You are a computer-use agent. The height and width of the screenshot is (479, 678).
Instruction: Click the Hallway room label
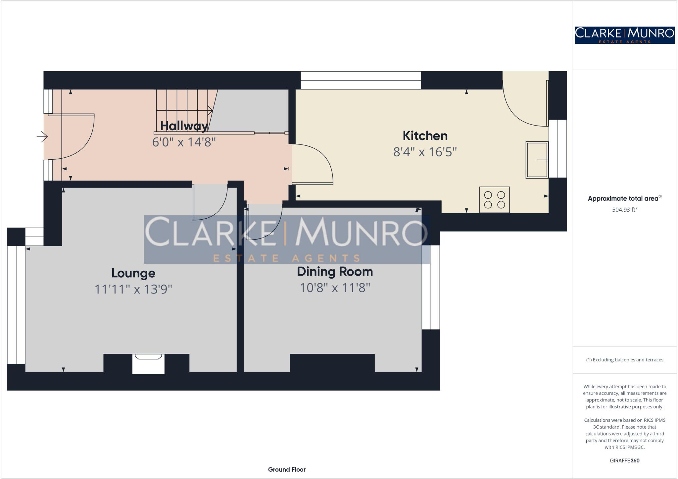184,126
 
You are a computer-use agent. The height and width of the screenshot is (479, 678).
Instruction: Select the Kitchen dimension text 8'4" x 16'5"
425,152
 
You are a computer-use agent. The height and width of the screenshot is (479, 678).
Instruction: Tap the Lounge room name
133,273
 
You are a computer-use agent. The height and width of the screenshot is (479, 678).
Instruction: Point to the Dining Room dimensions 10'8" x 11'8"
335,288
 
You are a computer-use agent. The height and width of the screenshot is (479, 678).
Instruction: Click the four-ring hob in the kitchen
494,200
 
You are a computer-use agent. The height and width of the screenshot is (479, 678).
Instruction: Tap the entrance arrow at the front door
42,136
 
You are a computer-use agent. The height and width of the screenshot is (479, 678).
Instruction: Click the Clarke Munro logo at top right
624,35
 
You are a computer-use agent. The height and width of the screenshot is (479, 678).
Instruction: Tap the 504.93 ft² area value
624,210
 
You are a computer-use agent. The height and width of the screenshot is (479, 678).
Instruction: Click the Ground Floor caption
287,469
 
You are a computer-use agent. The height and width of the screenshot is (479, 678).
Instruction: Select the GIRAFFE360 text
624,460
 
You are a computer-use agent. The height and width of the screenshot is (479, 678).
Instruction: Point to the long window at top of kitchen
361,80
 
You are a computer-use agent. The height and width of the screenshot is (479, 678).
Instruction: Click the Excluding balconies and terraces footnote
624,360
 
